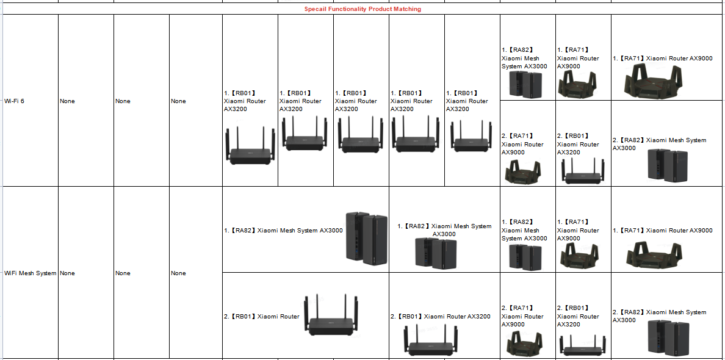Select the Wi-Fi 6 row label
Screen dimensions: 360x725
pyautogui.click(x=14, y=101)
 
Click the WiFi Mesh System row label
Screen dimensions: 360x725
pyautogui.click(x=31, y=273)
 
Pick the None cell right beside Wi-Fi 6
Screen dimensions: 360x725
pyautogui.click(x=68, y=101)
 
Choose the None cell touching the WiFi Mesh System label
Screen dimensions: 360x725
pyautogui.click(x=68, y=273)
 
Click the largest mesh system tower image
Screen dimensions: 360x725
pyautogui.click(x=366, y=237)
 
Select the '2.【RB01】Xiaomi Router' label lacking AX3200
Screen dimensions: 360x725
pyautogui.click(x=262, y=316)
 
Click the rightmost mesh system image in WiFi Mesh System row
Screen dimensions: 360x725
pyautogui.click(x=668, y=336)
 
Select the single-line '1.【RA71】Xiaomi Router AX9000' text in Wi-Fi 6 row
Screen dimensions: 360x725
pyautogui.click(x=662, y=59)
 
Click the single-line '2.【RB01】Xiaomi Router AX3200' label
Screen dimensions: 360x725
pyautogui.click(x=440, y=316)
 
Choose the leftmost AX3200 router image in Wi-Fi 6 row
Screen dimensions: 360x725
pyautogui.click(x=250, y=145)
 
